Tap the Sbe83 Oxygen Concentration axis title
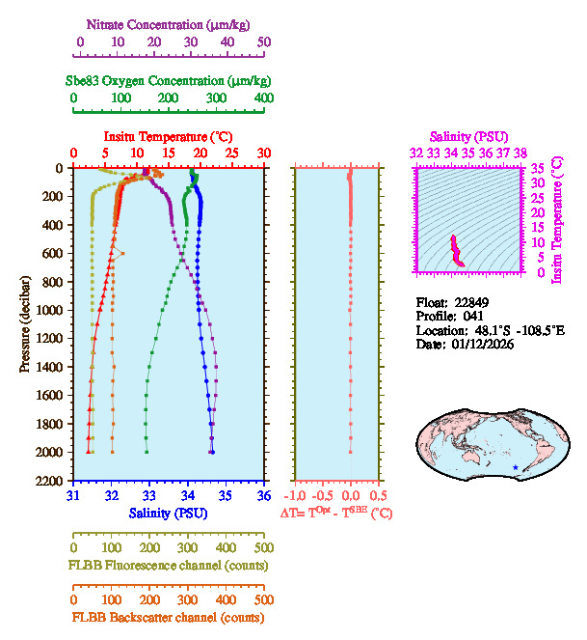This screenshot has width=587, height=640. (173, 80)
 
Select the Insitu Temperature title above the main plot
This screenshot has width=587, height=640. (168, 138)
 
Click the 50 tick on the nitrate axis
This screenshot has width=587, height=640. (264, 42)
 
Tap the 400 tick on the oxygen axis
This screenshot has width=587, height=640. (263, 98)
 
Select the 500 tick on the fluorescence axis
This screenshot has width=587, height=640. (263, 548)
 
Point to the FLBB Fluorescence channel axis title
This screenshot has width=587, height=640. (166, 565)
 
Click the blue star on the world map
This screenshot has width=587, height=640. (516, 468)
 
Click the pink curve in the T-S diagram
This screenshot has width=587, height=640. (457, 251)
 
